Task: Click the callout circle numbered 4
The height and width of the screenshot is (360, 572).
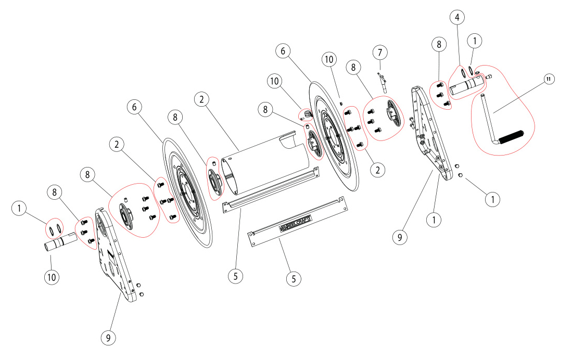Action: tap(457, 17)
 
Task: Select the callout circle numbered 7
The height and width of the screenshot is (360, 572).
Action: tap(380, 52)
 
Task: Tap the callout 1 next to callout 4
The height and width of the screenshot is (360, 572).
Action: tap(475, 40)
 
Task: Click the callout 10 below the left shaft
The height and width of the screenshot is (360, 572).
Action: tap(52, 276)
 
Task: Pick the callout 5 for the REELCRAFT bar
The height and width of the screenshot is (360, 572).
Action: tap(294, 278)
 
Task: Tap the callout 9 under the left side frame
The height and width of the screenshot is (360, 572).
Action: tap(108, 337)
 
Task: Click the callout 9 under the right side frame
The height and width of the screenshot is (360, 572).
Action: tap(400, 237)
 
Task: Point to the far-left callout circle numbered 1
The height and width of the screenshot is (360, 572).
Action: tap(19, 209)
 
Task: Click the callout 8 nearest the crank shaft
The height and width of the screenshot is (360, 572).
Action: tap(439, 44)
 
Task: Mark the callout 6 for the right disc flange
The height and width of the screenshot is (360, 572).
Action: tap(283, 51)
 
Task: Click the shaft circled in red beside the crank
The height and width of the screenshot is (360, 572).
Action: tap(466, 86)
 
